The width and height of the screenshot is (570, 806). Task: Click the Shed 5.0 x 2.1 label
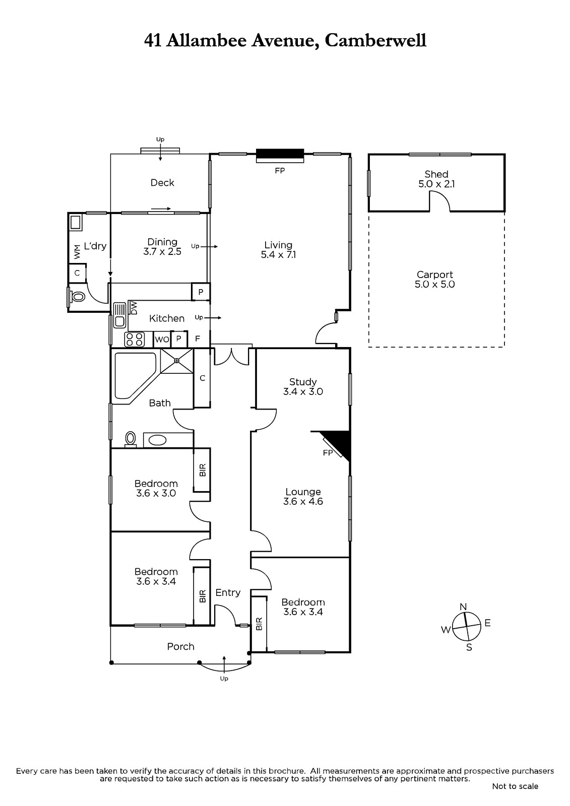click(436, 179)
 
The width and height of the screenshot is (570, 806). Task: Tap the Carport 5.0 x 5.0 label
click(434, 280)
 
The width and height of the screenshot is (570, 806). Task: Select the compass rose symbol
click(466, 627)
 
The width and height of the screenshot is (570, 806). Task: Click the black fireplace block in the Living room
click(280, 156)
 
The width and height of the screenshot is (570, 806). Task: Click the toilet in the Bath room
click(131, 439)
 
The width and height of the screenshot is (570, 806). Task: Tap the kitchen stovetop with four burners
click(134, 340)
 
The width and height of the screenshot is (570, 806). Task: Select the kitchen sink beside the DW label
click(119, 315)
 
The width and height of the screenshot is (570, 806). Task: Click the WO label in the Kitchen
click(162, 340)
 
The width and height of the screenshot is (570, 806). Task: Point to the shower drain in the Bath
click(177, 361)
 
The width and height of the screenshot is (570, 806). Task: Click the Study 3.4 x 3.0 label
click(303, 386)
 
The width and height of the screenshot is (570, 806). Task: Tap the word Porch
click(181, 647)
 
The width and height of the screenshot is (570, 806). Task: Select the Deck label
click(162, 183)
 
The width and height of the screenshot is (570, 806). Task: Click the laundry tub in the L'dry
click(76, 222)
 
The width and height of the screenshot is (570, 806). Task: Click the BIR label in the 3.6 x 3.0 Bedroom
click(203, 470)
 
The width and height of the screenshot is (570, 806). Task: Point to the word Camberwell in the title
click(375, 40)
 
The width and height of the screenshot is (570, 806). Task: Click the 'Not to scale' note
click(515, 786)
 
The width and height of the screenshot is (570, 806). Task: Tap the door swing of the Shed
click(440, 201)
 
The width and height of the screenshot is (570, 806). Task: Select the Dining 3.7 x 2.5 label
click(162, 246)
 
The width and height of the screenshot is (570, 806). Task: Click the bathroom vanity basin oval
click(157, 440)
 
